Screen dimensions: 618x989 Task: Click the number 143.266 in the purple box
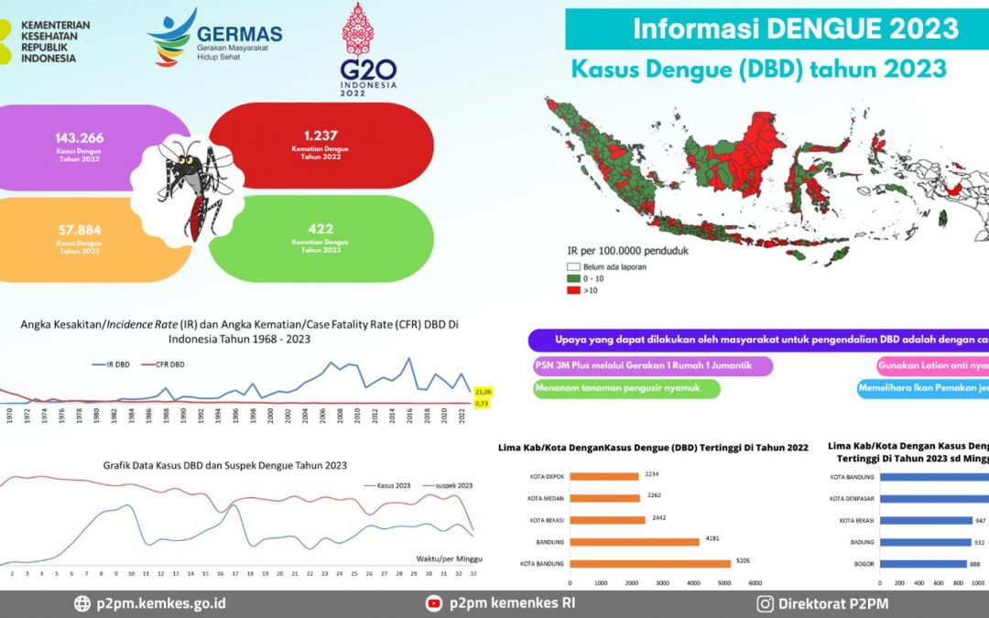[79, 138]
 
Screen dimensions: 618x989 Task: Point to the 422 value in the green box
[321, 229]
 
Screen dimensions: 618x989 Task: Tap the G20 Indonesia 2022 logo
[367, 50]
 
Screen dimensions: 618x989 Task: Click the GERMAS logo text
[239, 35]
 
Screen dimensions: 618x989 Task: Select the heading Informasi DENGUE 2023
[795, 29]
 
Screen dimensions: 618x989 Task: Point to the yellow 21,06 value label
[484, 391]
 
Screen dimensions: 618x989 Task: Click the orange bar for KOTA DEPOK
[604, 476]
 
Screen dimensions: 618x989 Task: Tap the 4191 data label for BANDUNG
[711, 538]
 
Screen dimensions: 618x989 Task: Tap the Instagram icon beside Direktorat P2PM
[764, 603]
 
